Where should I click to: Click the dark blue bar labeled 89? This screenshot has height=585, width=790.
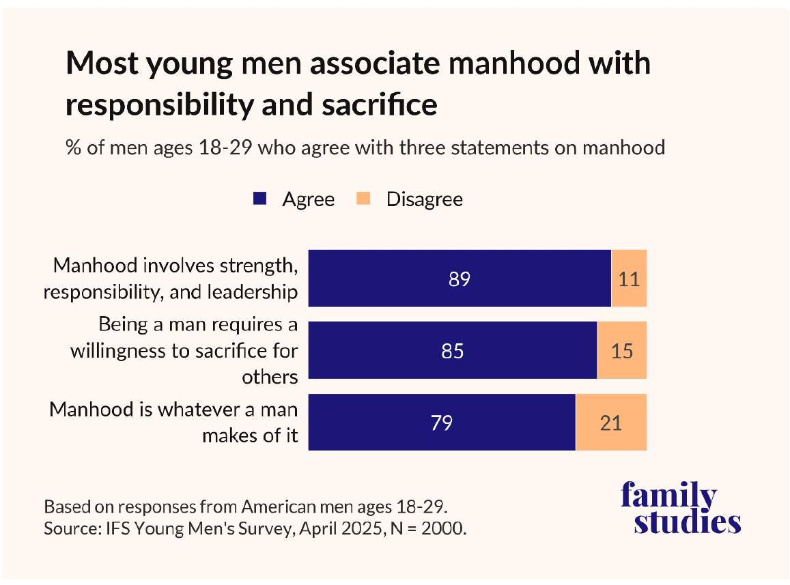click(460, 279)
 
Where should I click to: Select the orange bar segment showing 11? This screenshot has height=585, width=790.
click(629, 279)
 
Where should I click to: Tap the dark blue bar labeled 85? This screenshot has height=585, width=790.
click(453, 350)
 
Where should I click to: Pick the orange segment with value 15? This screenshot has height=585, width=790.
click(622, 350)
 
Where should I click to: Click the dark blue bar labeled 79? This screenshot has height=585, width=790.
click(442, 423)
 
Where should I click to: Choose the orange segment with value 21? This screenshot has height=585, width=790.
click(611, 423)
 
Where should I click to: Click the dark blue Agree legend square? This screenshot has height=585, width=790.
click(259, 199)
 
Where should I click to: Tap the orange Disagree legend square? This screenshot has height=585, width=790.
click(364, 199)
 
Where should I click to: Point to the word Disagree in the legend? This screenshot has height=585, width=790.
click(424, 199)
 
